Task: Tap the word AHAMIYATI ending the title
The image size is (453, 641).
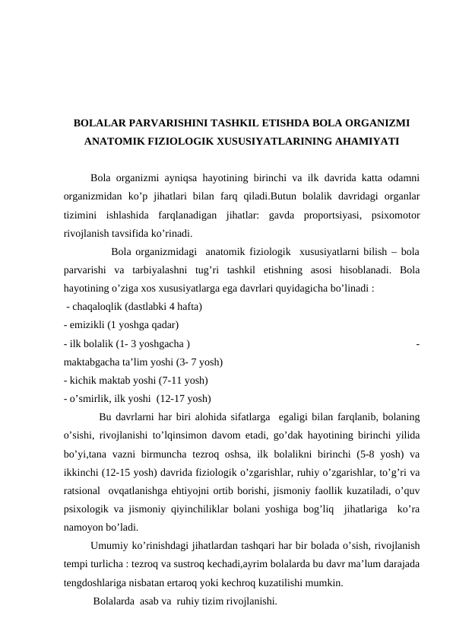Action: click(x=367, y=142)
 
